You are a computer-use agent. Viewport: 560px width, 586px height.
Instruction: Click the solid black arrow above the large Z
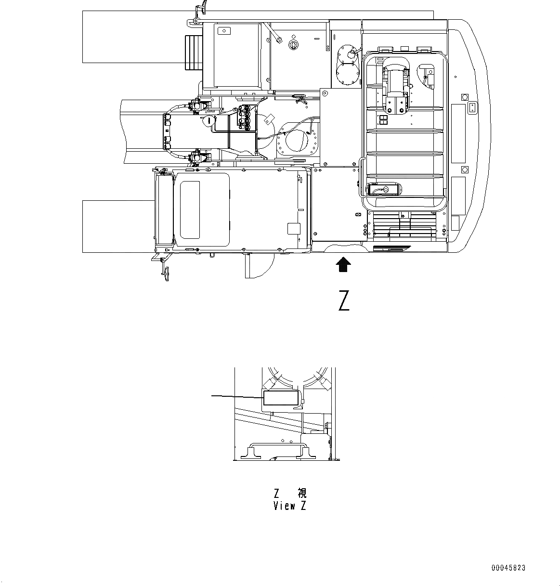(x=343, y=264)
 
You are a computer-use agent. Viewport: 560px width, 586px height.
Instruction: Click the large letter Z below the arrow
(x=343, y=301)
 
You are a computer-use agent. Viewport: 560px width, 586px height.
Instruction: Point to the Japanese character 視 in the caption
(x=301, y=493)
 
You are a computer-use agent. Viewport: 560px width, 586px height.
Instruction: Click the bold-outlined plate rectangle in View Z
(x=280, y=398)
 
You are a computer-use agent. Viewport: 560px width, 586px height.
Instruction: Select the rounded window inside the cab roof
(x=190, y=210)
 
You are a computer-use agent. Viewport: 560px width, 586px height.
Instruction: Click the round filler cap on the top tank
(x=292, y=44)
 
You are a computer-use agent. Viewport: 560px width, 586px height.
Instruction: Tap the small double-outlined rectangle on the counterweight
(x=472, y=107)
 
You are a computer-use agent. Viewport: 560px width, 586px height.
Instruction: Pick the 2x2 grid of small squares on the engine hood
(x=383, y=120)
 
